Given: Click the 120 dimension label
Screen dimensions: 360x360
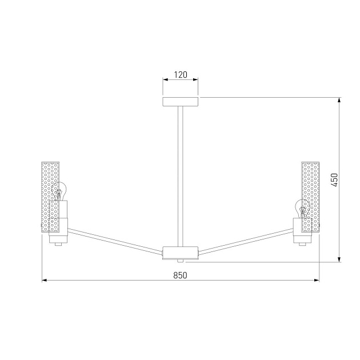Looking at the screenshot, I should click(x=181, y=74).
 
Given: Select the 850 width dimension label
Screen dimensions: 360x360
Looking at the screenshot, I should click(x=180, y=275).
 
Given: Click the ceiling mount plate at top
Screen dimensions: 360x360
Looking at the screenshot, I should click(x=181, y=102).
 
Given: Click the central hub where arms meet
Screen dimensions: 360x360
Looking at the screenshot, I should click(x=181, y=252).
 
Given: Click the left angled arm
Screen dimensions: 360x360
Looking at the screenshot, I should click(x=114, y=239).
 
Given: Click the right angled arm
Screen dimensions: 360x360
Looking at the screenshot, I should click(x=246, y=239).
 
